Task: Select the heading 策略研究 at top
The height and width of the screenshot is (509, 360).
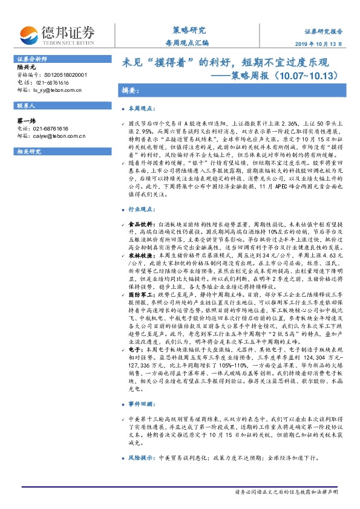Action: (186, 30)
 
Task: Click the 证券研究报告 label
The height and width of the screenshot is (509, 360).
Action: (323, 30)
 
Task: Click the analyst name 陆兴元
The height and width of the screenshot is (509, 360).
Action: (25, 68)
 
